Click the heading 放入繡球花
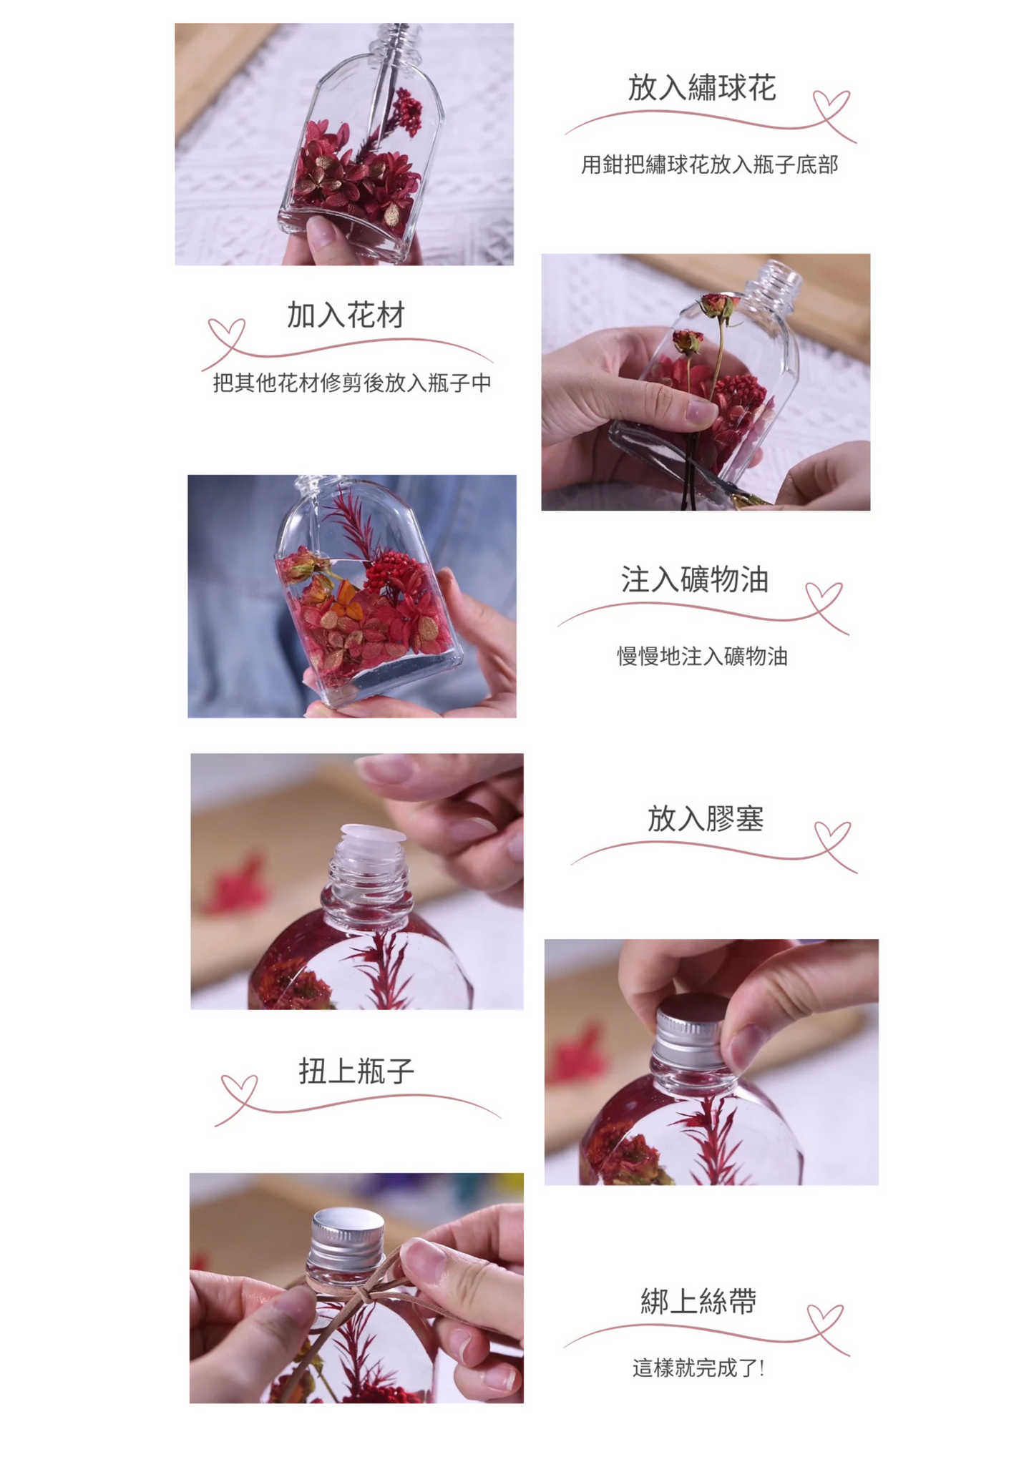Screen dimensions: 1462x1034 tap(701, 89)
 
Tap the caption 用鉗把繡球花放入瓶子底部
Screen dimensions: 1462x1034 tap(708, 165)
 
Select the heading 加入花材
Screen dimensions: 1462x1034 tap(346, 315)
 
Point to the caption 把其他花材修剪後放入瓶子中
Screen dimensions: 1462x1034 tap(352, 383)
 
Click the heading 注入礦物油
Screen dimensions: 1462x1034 tap(694, 579)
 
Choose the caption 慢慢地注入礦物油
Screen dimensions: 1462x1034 tap(702, 656)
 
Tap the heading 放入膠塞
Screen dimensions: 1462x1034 tap(706, 818)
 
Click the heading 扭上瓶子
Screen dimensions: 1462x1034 tap(356, 1071)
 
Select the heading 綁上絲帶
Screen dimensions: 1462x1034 tap(698, 1301)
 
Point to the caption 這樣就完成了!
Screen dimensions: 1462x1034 tap(698, 1368)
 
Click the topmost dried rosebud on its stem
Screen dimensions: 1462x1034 tap(718, 305)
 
